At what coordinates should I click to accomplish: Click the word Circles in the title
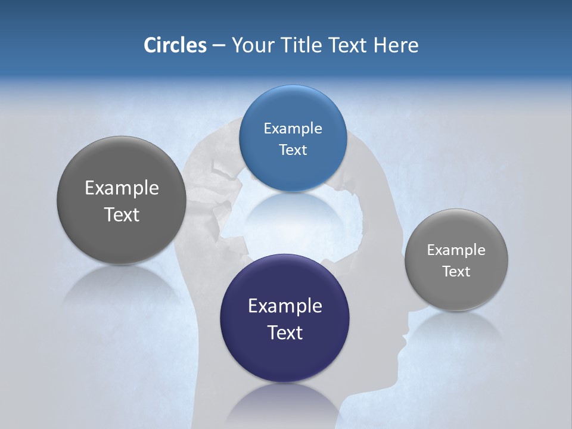tap(175, 45)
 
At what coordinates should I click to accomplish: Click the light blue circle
tap(293, 138)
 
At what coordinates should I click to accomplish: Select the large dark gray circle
tap(122, 200)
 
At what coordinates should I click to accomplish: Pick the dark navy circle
tap(285, 318)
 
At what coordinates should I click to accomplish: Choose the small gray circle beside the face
tap(456, 260)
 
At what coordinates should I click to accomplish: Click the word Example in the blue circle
tap(293, 128)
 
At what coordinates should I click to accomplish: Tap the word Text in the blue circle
tap(293, 150)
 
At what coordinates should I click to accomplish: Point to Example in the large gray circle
tap(122, 188)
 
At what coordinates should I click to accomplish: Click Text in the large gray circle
tap(122, 214)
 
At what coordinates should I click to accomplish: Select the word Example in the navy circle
tap(285, 306)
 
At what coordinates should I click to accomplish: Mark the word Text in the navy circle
tap(285, 332)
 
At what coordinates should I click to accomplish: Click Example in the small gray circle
tap(456, 250)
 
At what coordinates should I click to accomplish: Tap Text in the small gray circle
tap(456, 271)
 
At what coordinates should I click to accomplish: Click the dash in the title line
tap(219, 46)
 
